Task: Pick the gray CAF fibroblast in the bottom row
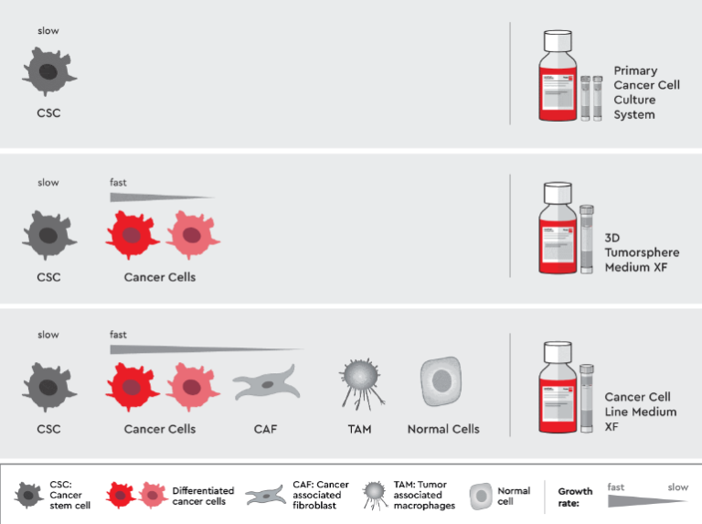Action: tap(266, 383)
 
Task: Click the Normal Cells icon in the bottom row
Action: tap(442, 381)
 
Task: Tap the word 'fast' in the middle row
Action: tap(119, 182)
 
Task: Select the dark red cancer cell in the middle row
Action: tap(133, 237)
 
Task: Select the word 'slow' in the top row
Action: tap(48, 31)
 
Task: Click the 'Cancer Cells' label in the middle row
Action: tap(159, 277)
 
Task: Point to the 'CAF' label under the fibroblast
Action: tap(266, 429)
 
